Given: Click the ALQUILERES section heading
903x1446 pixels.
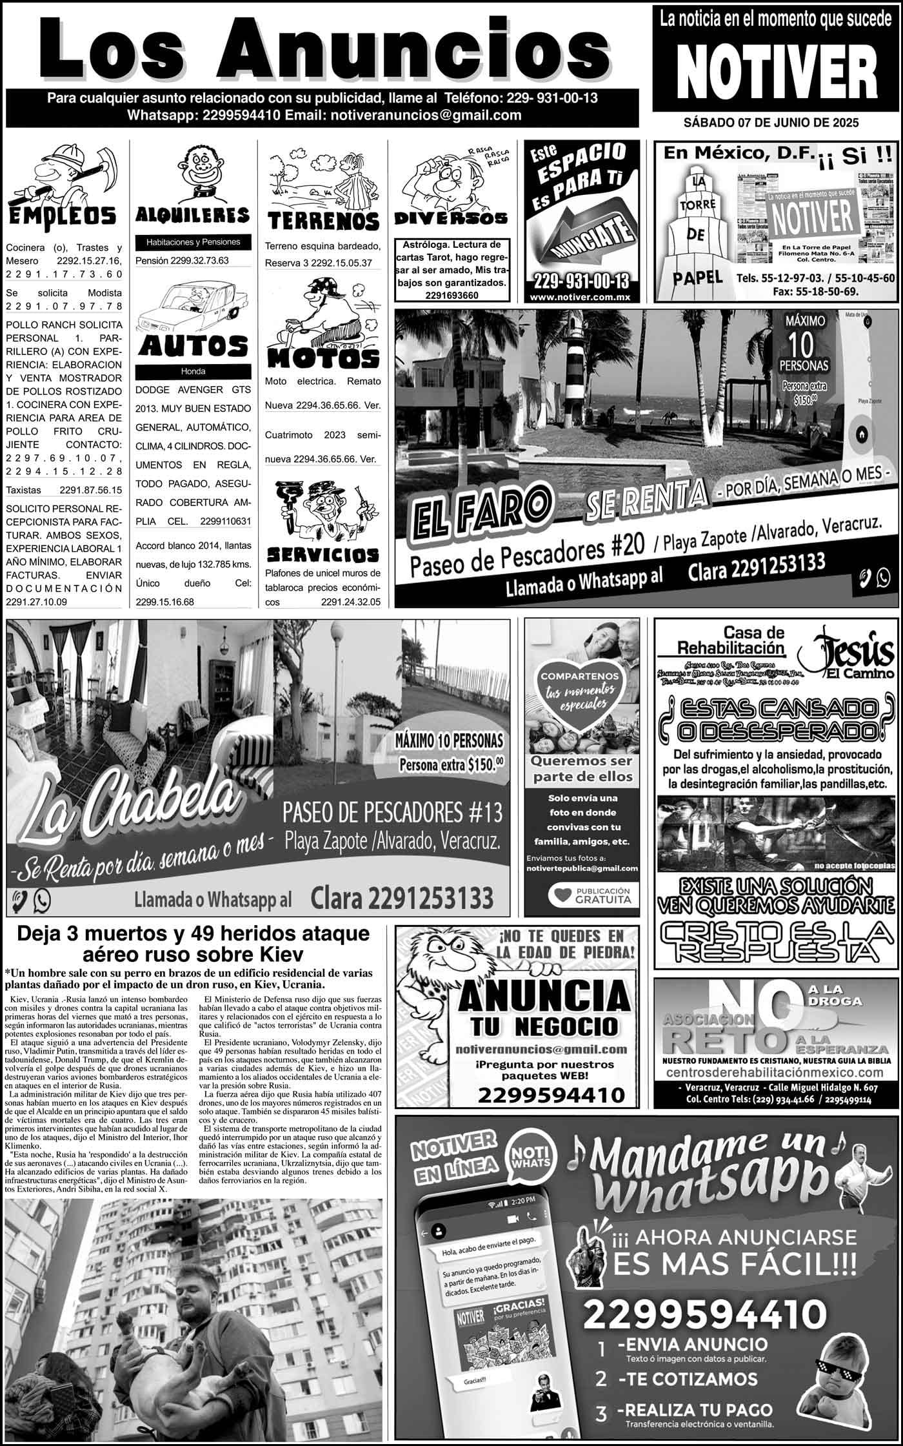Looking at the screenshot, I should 193,215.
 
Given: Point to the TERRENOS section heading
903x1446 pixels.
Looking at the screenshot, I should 323,221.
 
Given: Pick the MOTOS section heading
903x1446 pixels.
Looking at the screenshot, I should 323,358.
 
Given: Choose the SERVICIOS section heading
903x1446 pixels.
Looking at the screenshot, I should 322,555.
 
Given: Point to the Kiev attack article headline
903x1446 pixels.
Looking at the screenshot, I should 193,944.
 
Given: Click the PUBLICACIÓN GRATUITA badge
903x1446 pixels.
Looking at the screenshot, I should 589,895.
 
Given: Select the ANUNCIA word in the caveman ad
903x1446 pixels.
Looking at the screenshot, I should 543,998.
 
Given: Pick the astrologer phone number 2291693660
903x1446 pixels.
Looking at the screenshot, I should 451,294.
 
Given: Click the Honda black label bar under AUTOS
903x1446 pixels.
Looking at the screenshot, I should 193,371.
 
